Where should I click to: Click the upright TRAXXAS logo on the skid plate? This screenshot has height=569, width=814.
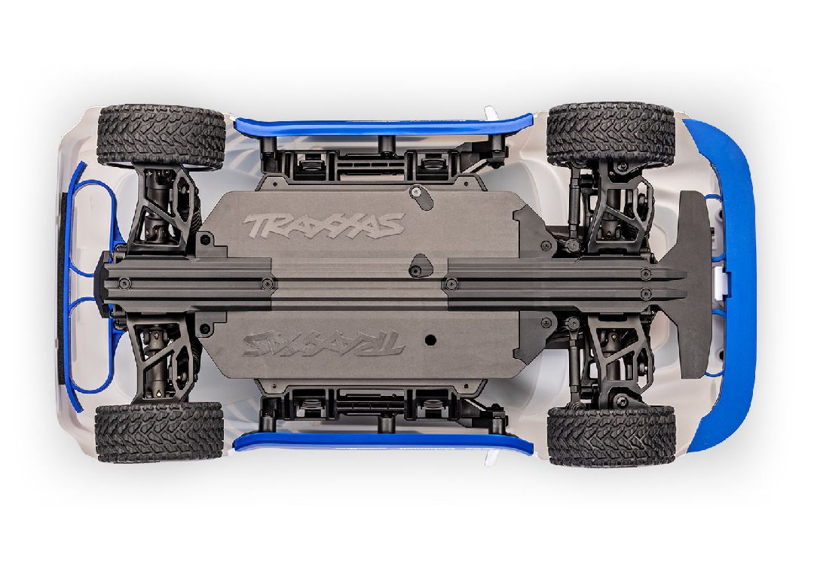pyautogui.click(x=324, y=224)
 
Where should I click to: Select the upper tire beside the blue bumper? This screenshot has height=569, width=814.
pyautogui.click(x=610, y=134)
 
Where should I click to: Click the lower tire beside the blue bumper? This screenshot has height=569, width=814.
pyautogui.click(x=610, y=435)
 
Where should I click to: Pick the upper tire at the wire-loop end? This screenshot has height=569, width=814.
pyautogui.click(x=161, y=135)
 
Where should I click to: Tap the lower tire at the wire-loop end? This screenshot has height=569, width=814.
pyautogui.click(x=160, y=432)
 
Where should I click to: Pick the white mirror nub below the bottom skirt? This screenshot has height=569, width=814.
pyautogui.click(x=491, y=458)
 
